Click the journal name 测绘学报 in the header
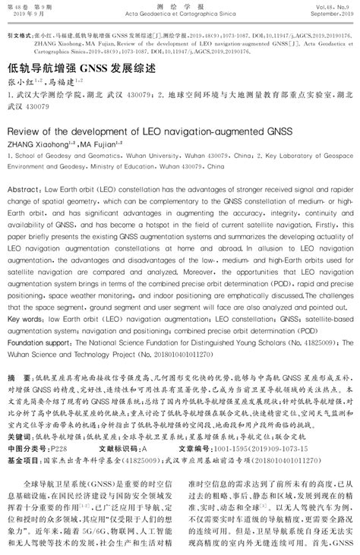[179, 6]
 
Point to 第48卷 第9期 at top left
[29, 6]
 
